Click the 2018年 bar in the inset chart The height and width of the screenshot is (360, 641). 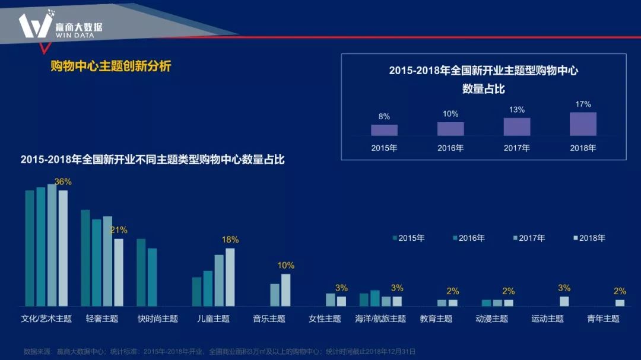(583, 124)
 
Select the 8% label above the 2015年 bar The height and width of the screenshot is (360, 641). (384, 117)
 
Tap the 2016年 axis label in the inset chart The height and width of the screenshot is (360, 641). (450, 148)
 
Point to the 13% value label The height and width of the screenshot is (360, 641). (517, 110)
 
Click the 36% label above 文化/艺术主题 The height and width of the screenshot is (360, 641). (63, 181)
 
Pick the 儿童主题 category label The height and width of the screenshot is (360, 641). (213, 318)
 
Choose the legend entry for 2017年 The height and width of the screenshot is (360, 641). (529, 238)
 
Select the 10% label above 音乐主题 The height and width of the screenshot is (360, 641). (286, 265)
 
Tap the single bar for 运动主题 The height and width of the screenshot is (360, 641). (564, 301)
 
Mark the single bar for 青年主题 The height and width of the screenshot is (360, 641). (620, 302)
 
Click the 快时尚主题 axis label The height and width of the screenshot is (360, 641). (157, 318)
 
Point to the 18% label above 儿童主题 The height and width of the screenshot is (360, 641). (230, 240)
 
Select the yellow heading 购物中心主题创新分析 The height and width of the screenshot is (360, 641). (111, 66)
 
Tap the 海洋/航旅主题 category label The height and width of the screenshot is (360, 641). (380, 318)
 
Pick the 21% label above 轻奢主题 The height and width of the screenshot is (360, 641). (119, 230)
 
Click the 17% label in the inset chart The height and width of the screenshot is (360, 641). (583, 104)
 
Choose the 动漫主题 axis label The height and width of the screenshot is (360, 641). (491, 318)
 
